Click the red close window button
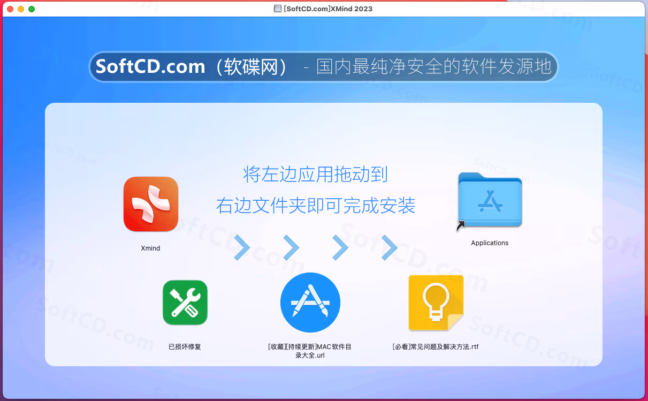(10, 9)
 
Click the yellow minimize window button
(21, 9)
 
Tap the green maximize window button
(32, 9)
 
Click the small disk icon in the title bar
(277, 9)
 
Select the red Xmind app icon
(151, 204)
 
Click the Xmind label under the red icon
(150, 248)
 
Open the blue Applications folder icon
(490, 200)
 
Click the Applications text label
(490, 243)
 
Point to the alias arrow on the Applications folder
(461, 226)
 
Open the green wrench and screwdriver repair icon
(185, 302)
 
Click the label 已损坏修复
(185, 346)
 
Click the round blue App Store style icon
(310, 302)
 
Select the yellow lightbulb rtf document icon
(436, 302)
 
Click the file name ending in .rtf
(436, 346)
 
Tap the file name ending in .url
(310, 351)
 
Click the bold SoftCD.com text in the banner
(150, 66)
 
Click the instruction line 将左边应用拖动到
(315, 175)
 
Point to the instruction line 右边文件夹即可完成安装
(316, 205)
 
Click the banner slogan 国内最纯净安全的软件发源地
(434, 66)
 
